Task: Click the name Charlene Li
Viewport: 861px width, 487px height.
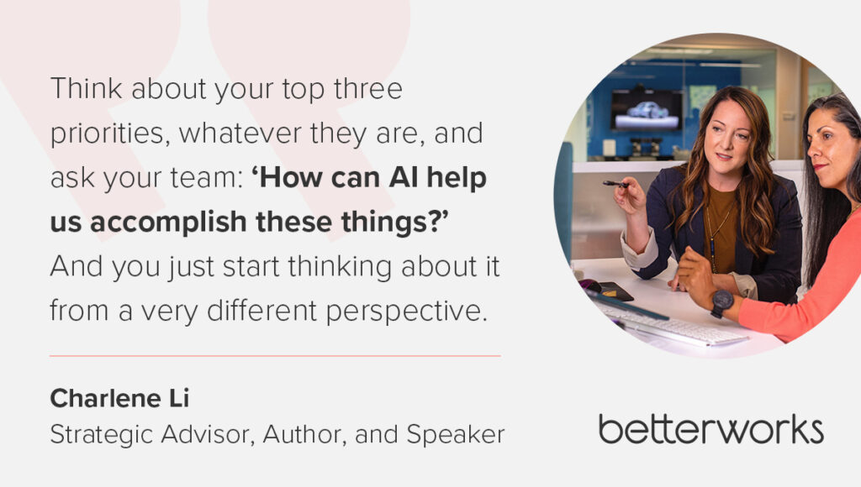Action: click(119, 398)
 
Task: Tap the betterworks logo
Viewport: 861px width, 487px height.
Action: click(711, 429)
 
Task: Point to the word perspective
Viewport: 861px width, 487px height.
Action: click(407, 312)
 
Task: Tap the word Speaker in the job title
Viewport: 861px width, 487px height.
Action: click(455, 434)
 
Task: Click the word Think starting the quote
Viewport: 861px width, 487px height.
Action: click(87, 89)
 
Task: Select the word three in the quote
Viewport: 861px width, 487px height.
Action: click(368, 89)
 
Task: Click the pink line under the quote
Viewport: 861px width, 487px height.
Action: click(275, 356)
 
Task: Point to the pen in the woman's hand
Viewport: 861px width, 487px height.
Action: click(616, 184)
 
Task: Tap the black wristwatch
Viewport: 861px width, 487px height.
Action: click(721, 303)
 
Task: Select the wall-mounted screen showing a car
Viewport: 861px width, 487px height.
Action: click(647, 110)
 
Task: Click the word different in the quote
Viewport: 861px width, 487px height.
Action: click(262, 311)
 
